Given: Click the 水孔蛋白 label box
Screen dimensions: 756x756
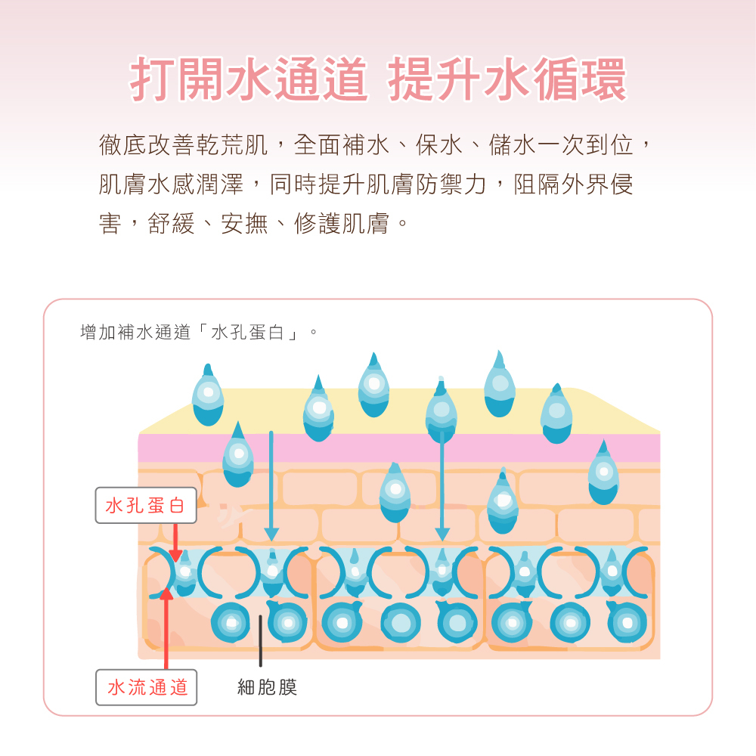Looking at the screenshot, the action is click(x=146, y=506).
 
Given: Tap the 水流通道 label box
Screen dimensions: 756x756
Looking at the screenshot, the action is click(x=147, y=687).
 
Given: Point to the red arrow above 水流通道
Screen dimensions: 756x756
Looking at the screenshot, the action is click(x=166, y=627).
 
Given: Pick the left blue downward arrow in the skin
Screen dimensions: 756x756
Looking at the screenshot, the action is click(x=271, y=484).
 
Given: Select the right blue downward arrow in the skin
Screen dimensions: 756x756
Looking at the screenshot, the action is click(x=442, y=484).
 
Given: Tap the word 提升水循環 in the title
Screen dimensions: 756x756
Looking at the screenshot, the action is click(x=507, y=80).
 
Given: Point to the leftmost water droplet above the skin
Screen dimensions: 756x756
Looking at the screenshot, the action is click(x=208, y=396).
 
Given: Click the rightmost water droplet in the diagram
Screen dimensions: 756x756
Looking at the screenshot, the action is click(x=603, y=474).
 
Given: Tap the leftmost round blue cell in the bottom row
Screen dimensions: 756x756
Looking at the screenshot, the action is click(x=231, y=623).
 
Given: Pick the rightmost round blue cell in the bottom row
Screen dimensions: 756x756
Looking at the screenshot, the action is click(x=627, y=623).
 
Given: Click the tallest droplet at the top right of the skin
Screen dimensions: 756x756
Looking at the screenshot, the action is click(x=500, y=385).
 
